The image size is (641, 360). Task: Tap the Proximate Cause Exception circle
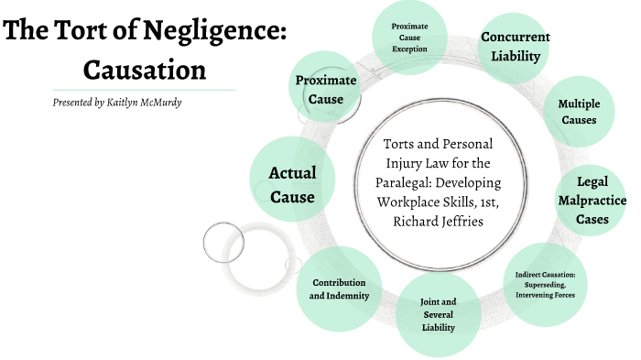coord(410,37)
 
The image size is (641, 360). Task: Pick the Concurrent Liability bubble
coord(516,47)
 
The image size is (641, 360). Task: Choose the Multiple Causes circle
coord(578,111)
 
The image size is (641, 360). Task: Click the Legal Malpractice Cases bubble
coord(592,201)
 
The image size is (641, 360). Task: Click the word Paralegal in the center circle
coord(420,179)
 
